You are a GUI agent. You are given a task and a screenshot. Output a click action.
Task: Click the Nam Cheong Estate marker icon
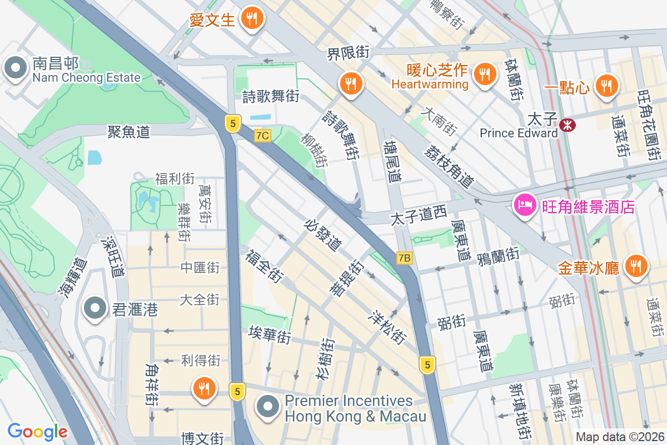click(15, 69)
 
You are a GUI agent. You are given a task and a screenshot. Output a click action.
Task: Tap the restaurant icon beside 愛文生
click(252, 19)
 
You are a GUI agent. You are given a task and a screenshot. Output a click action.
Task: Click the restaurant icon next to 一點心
click(606, 86)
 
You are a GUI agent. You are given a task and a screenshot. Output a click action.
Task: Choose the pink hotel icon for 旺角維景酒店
click(525, 206)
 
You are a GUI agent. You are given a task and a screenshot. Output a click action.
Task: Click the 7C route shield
click(262, 136)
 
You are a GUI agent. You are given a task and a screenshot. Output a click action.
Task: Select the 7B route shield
click(405, 258)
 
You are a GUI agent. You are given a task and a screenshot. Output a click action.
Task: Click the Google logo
click(37, 431)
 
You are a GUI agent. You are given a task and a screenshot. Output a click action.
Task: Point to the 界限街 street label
click(348, 54)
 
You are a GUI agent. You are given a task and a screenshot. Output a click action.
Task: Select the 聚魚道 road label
click(129, 132)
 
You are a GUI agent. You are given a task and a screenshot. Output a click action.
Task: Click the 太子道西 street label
click(419, 216)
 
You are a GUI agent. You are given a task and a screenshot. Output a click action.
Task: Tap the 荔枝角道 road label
click(449, 166)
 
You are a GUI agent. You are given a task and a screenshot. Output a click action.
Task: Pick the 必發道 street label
click(323, 234)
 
